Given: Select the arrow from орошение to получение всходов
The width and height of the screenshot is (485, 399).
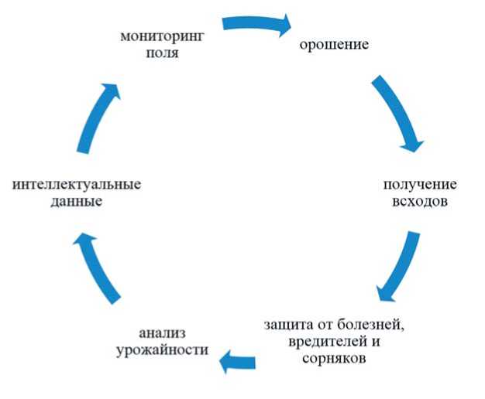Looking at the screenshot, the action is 397,112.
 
